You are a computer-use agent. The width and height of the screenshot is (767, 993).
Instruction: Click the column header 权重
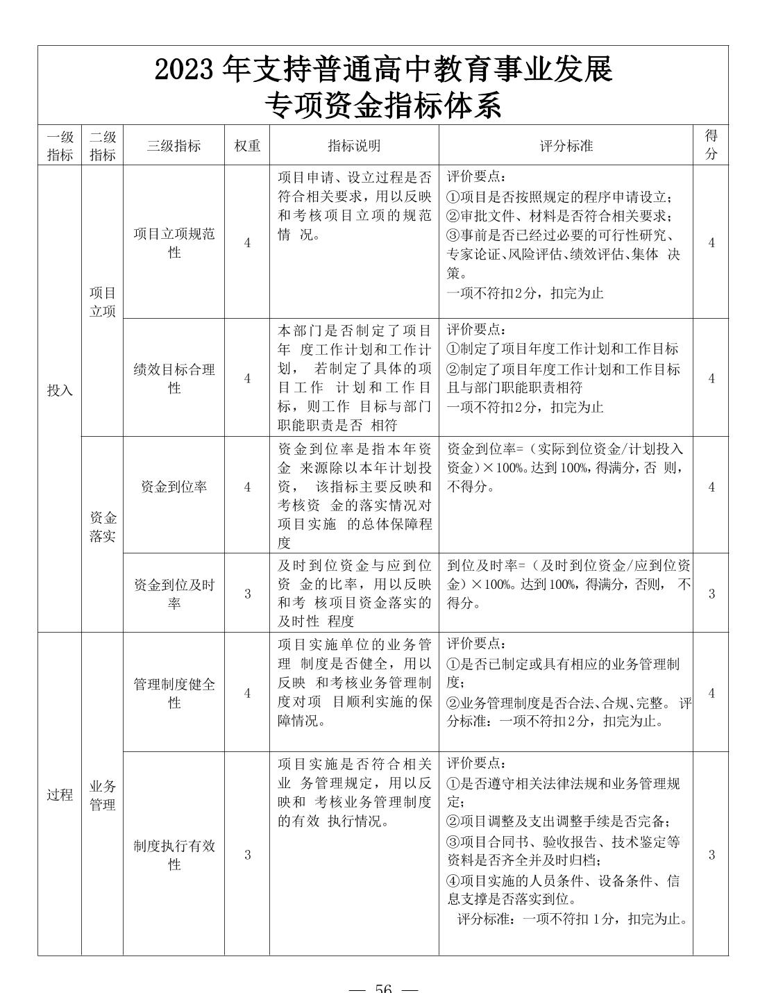[x=247, y=146]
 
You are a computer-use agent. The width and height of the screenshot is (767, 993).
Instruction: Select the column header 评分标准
[x=566, y=146]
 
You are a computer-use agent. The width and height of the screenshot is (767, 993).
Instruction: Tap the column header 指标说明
[x=354, y=146]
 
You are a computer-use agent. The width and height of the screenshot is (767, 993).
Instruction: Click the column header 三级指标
[x=174, y=146]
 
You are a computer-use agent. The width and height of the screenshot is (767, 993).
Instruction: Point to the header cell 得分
[x=711, y=144]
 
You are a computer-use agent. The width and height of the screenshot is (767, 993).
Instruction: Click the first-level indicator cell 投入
[x=60, y=390]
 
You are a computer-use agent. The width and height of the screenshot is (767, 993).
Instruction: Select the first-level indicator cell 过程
[x=60, y=794]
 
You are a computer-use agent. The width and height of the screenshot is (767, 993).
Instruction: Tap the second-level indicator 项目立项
[x=102, y=302]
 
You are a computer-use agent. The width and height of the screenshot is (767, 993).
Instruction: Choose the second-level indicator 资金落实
[x=102, y=527]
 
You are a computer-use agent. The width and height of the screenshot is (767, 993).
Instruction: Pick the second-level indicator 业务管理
[x=102, y=795]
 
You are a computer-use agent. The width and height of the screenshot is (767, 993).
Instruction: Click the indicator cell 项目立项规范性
[x=174, y=243]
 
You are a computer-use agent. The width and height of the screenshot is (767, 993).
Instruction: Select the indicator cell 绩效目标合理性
[x=174, y=378]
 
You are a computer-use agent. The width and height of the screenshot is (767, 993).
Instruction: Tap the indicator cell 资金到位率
[x=174, y=487]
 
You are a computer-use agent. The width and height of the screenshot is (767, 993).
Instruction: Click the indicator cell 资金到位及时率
[x=174, y=594]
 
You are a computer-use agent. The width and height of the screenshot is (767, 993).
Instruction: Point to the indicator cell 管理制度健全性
[x=174, y=693]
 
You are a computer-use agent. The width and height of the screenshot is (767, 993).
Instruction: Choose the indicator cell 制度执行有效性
[x=174, y=855]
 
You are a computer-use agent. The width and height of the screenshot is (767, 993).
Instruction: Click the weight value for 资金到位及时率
[x=247, y=594]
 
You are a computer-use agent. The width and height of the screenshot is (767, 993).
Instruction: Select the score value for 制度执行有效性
[x=711, y=855]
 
